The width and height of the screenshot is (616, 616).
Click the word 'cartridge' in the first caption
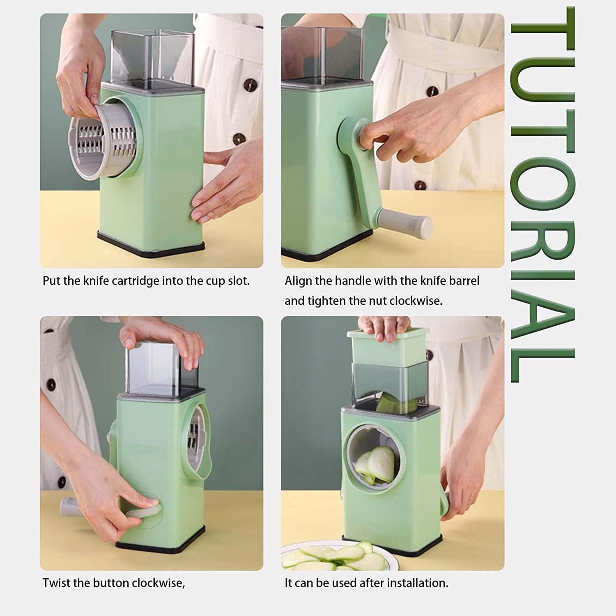point(135,281)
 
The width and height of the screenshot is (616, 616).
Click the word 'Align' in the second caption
point(298,281)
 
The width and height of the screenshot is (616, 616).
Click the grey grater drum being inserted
point(103,142)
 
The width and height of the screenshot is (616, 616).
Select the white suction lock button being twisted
point(142,511)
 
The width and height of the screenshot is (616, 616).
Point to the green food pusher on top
point(388,347)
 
